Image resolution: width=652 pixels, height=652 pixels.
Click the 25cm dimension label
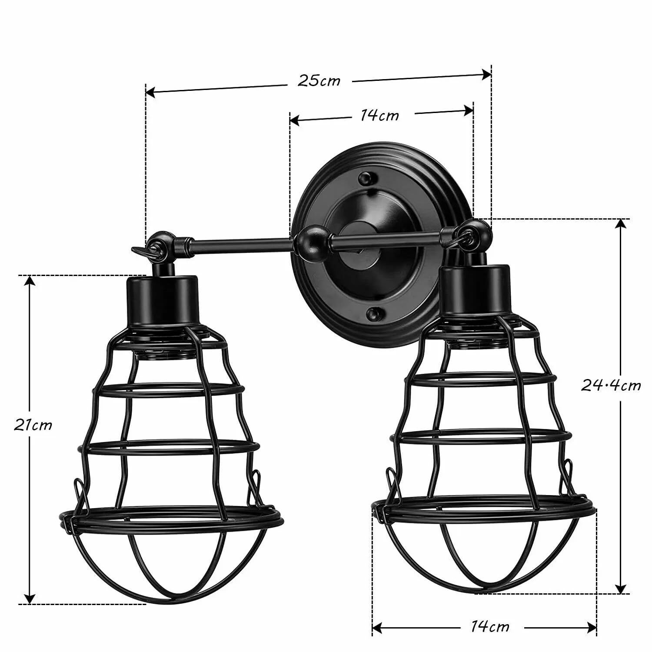319,81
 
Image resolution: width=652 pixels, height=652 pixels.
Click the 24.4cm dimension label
611,386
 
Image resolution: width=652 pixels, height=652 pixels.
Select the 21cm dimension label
33,425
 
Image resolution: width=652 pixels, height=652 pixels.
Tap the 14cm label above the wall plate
379,115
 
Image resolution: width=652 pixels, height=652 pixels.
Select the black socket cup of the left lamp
162,300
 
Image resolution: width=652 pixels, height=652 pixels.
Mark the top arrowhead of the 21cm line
30,282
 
